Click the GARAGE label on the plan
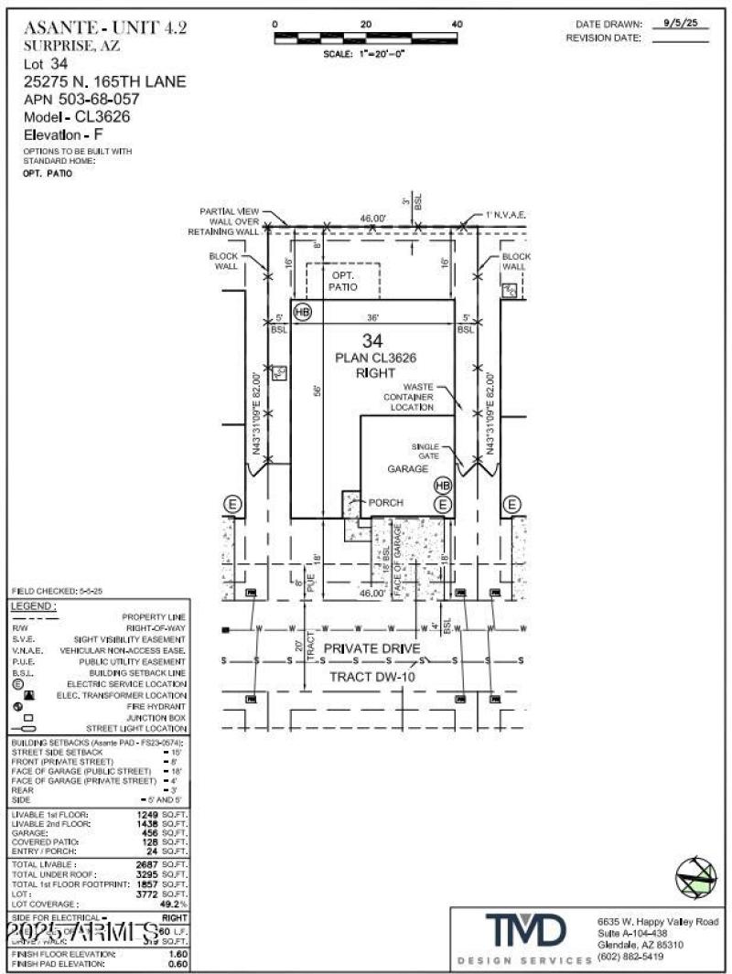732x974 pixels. (x=408, y=468)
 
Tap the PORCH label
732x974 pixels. (x=385, y=503)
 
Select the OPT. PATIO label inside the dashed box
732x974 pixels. (x=342, y=281)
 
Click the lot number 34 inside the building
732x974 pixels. (x=371, y=341)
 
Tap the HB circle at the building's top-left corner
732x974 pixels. (x=303, y=312)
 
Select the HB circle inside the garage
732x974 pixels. (x=443, y=485)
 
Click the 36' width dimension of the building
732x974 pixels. (x=372, y=317)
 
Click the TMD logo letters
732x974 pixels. (x=525, y=933)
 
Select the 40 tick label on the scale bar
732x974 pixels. (x=457, y=24)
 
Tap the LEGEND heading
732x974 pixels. (x=34, y=606)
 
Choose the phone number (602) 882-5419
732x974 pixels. (x=630, y=958)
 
